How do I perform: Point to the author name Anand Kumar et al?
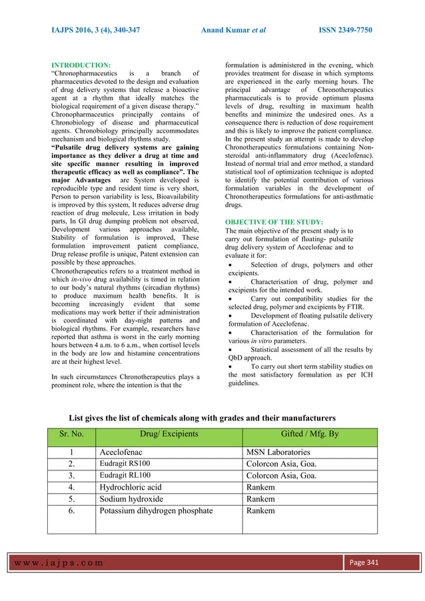pos(231,31)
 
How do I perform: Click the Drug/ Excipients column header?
pos(169,435)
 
